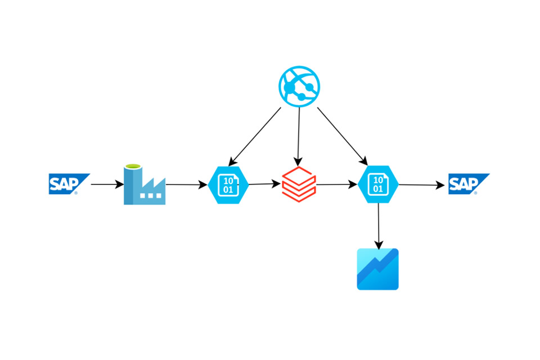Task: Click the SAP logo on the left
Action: point(68,183)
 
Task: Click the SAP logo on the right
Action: point(468,183)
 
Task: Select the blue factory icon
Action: point(145,186)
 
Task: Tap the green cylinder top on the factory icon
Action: point(132,167)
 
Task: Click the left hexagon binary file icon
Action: point(228,184)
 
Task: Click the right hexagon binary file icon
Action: point(378,184)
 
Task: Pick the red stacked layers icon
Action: point(299,183)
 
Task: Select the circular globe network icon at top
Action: point(299,88)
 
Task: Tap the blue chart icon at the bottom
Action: point(378,269)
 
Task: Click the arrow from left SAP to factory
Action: point(107,184)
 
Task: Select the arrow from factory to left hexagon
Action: point(186,184)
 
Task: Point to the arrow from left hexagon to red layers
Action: point(264,183)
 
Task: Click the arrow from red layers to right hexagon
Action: point(336,184)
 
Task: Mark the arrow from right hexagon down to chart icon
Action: point(379,225)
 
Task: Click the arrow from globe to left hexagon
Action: point(256,135)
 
